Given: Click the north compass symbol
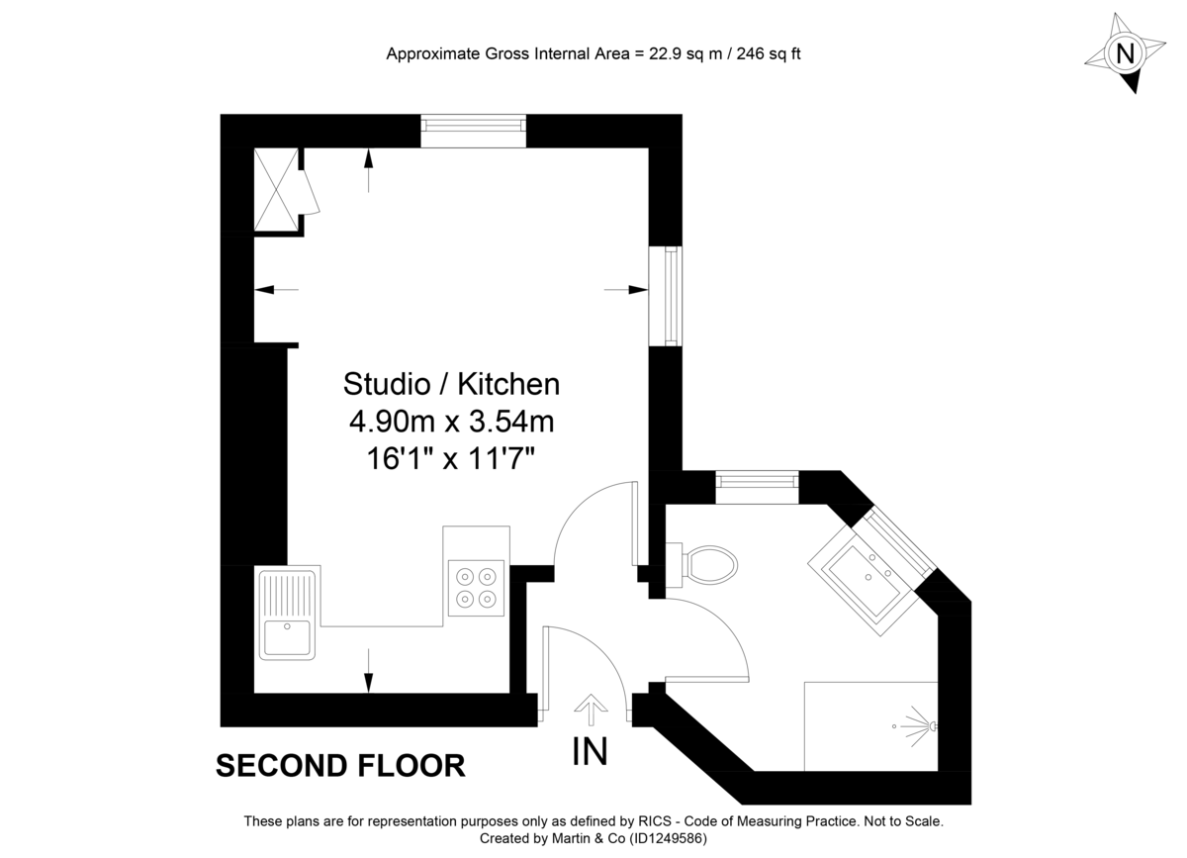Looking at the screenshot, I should (x=1125, y=53).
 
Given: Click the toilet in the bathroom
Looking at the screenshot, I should (x=710, y=566).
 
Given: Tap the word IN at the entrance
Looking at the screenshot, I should (x=591, y=752).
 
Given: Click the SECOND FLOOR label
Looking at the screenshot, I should (x=340, y=765).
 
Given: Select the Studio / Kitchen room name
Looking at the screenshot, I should (x=451, y=383).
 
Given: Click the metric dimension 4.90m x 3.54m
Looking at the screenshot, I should (x=451, y=422).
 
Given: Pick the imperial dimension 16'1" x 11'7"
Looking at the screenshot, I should (x=451, y=459).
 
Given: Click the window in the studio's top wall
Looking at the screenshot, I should (x=473, y=130).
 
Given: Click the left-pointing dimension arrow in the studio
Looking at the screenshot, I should (x=275, y=289).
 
